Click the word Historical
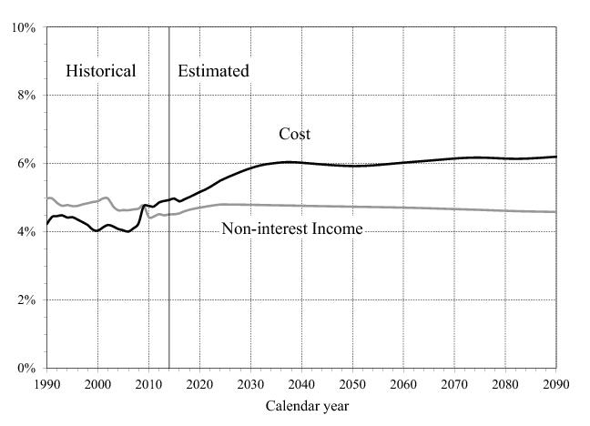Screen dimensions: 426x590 click(100, 71)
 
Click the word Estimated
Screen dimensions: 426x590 click(213, 71)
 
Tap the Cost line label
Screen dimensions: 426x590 click(294, 134)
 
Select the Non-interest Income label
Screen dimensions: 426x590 click(291, 229)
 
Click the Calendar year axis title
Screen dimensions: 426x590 click(307, 406)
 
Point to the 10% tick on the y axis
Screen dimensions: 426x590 click(24, 27)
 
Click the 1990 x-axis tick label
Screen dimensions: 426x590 click(46, 384)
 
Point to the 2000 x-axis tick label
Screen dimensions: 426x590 click(97, 384)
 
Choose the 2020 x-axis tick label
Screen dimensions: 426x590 click(199, 384)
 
